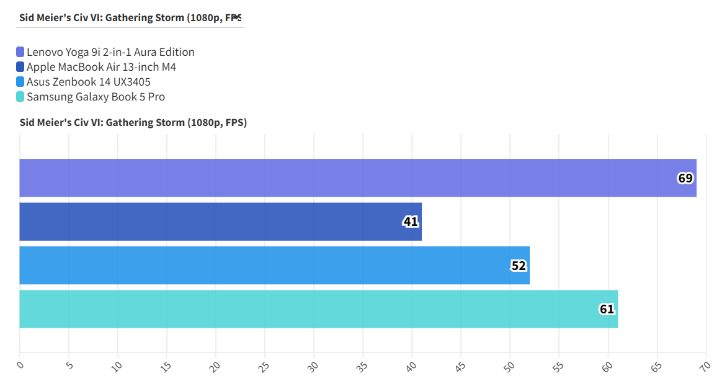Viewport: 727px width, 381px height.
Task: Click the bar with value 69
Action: pyautogui.click(x=357, y=178)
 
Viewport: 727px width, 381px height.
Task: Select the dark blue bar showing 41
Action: pyautogui.click(x=220, y=222)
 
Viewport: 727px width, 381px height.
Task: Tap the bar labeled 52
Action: pyautogui.click(x=274, y=266)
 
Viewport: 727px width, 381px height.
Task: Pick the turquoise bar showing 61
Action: pyautogui.click(x=318, y=309)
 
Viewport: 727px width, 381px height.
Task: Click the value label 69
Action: pyautogui.click(x=685, y=179)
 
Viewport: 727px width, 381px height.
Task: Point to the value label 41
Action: pyautogui.click(x=411, y=222)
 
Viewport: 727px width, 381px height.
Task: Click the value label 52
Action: pyautogui.click(x=519, y=266)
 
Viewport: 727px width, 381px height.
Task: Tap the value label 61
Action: pyautogui.click(x=607, y=310)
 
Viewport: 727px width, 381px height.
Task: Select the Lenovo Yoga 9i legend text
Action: pyautogui.click(x=110, y=52)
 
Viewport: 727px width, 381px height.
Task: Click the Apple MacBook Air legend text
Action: pyautogui.click(x=101, y=67)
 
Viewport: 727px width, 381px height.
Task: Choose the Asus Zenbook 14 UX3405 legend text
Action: pyautogui.click(x=89, y=82)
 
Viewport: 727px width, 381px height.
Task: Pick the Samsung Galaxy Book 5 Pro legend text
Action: pyautogui.click(x=96, y=97)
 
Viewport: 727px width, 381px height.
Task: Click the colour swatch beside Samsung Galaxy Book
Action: pyautogui.click(x=20, y=97)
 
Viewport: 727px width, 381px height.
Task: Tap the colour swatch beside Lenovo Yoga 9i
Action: pyautogui.click(x=20, y=52)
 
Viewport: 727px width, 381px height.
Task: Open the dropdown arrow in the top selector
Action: pyautogui.click(x=236, y=17)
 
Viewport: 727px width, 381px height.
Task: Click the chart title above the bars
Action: pyautogui.click(x=133, y=123)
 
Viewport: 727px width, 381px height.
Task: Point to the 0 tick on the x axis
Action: pyautogui.click(x=20, y=365)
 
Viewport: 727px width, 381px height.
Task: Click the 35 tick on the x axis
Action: pyautogui.click(x=363, y=365)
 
